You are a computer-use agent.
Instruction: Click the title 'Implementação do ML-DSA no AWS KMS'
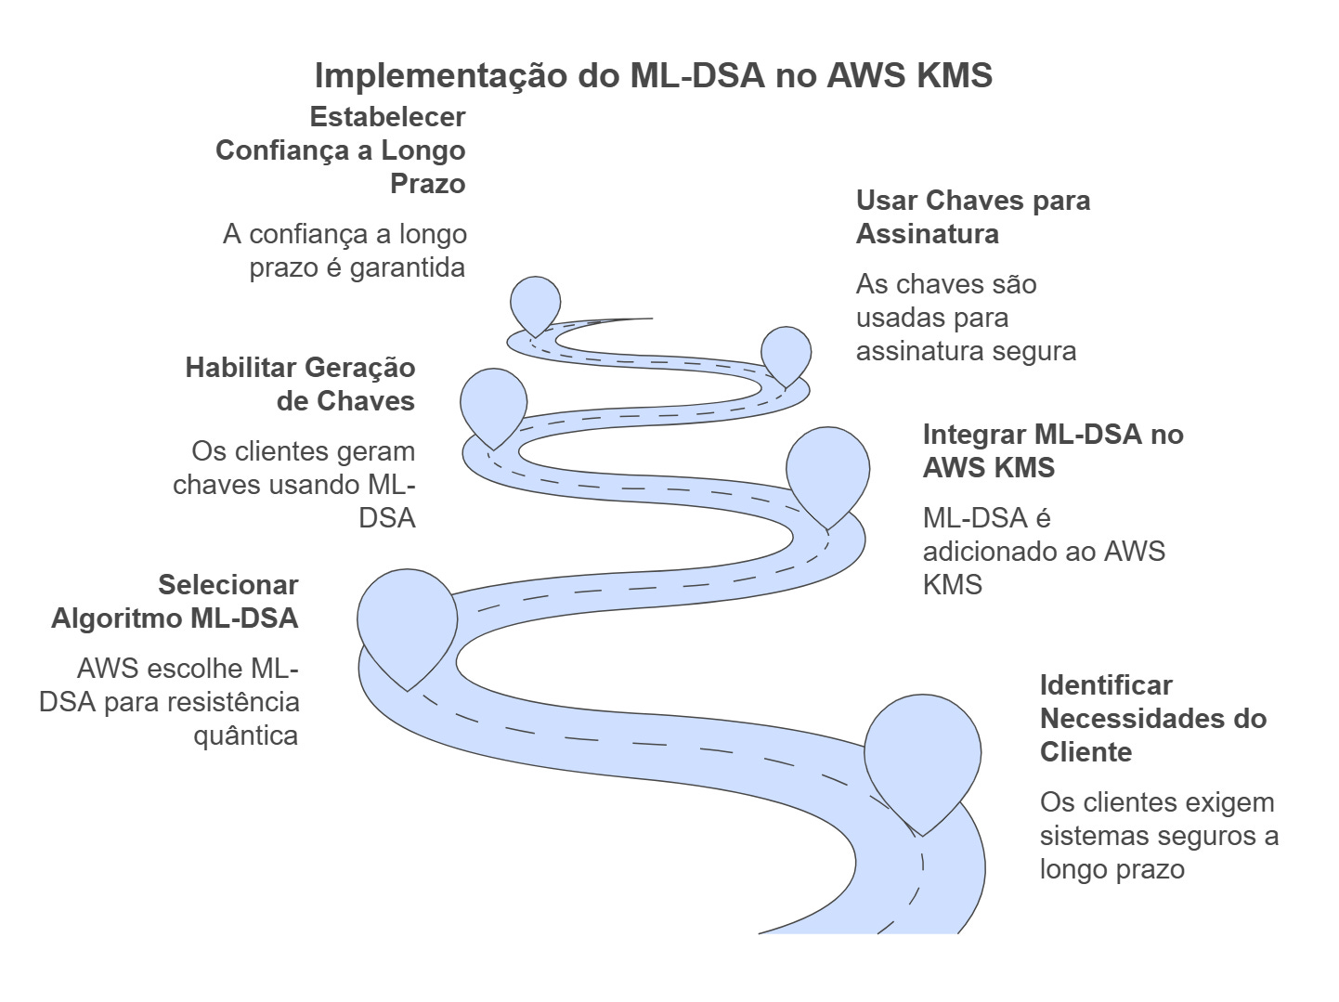[654, 75]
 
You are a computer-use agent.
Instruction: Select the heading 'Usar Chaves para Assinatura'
[972, 217]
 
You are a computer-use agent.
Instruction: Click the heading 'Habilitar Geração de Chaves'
[301, 384]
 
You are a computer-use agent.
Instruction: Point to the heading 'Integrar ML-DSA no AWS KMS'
[1052, 450]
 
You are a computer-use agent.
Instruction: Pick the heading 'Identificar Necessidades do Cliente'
[1152, 719]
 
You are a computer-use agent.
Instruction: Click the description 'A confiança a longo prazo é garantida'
[345, 251]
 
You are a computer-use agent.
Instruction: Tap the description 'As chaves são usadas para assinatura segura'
[965, 318]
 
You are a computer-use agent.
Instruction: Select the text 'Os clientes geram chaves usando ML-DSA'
[295, 485]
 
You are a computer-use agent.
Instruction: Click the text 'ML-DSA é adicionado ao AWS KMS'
[1043, 552]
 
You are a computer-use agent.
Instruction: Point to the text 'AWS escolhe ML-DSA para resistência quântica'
[170, 702]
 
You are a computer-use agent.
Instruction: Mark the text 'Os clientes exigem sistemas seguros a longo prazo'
[1158, 836]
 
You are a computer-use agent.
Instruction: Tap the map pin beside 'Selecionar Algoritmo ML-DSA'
[407, 623]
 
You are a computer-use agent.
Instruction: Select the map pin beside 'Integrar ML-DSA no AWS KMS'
[827, 472]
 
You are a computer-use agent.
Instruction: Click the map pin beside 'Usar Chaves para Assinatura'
[786, 353]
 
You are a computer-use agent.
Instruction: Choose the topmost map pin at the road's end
[536, 302]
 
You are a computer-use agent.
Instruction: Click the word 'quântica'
[246, 735]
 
